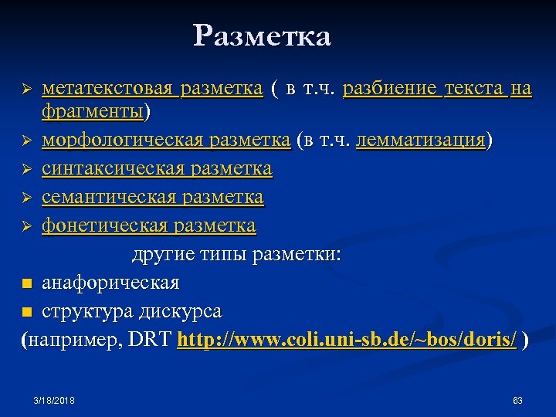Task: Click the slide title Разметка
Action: tap(262, 36)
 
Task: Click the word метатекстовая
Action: tap(107, 90)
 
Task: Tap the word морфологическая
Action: tap(121, 141)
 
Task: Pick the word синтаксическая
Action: tap(107, 169)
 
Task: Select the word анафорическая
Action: tap(110, 283)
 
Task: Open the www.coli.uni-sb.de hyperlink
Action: tap(347, 340)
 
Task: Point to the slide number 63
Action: tap(518, 400)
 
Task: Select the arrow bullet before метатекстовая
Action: tap(27, 91)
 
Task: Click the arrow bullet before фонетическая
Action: tap(27, 227)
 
